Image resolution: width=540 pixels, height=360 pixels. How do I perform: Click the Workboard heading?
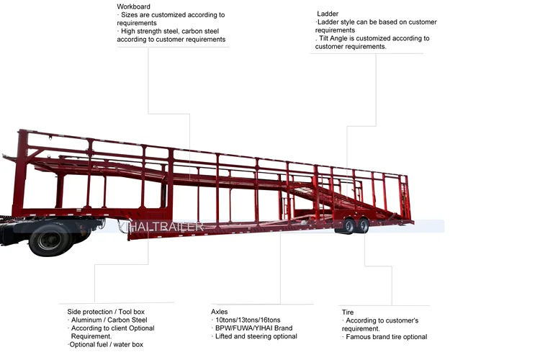[129, 6]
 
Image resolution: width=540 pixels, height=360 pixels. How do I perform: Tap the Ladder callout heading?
[328, 14]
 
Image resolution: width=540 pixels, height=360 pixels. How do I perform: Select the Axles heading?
[219, 312]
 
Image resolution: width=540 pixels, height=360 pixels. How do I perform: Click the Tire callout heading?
[348, 312]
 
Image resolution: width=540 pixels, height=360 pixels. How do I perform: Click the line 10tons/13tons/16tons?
[248, 320]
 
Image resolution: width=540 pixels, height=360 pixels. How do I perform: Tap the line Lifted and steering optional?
[256, 336]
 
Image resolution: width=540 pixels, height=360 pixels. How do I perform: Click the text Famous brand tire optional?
[386, 336]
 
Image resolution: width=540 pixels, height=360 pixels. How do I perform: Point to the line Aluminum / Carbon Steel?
[109, 320]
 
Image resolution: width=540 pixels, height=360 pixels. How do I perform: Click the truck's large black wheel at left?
[50, 240]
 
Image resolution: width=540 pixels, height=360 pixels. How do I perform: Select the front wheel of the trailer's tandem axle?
[349, 226]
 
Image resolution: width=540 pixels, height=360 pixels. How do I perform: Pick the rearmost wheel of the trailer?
[364, 225]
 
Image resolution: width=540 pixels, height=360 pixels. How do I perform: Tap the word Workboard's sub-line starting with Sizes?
[173, 14]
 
